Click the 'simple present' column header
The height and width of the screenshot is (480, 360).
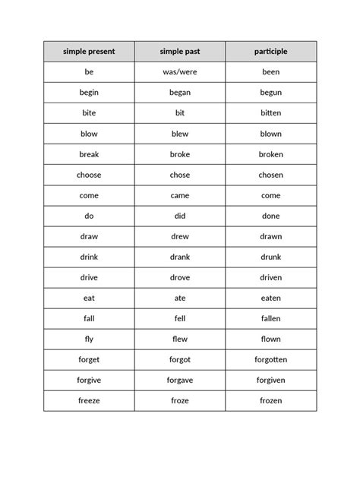(89, 52)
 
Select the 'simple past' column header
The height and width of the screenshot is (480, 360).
(180, 52)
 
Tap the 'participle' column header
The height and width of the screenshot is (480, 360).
(271, 52)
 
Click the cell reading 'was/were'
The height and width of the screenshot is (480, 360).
(180, 72)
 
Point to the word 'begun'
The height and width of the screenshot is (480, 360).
(271, 93)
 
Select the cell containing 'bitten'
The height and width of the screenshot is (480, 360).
(271, 113)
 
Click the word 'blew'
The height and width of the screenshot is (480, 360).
(180, 134)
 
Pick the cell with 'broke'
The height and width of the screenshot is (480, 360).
(180, 154)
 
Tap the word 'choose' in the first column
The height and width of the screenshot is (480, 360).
(89, 175)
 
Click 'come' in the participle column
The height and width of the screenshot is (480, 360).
(271, 195)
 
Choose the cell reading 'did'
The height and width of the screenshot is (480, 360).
(180, 216)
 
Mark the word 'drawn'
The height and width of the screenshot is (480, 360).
(271, 236)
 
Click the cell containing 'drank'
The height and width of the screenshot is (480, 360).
(180, 257)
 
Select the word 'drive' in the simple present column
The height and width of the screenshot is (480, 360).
(89, 277)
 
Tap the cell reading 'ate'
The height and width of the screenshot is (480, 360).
(180, 298)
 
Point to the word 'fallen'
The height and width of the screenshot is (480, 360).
(271, 318)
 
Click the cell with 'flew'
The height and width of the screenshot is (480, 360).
(180, 339)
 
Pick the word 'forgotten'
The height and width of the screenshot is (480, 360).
(271, 359)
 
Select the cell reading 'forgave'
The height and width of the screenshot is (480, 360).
(180, 380)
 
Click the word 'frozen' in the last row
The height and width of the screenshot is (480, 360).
(271, 400)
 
